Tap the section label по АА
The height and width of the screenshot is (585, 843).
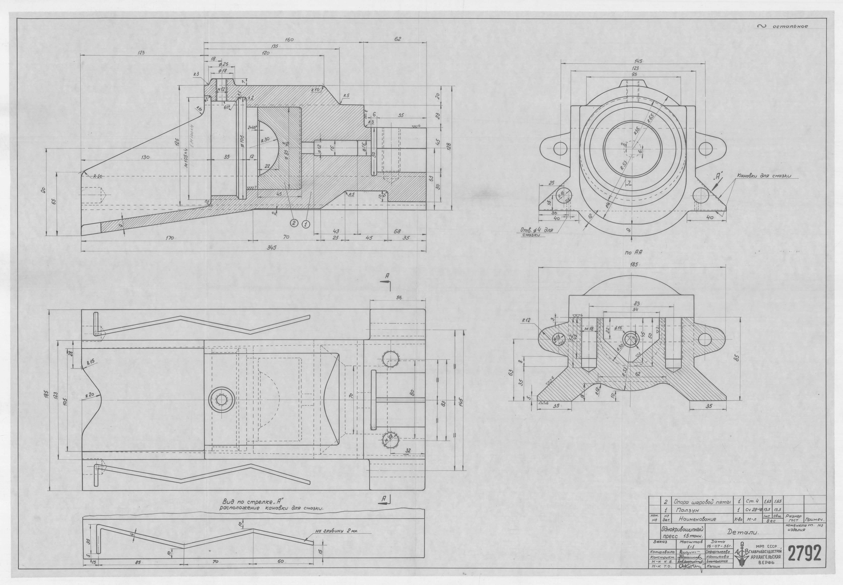(x=631, y=252)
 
